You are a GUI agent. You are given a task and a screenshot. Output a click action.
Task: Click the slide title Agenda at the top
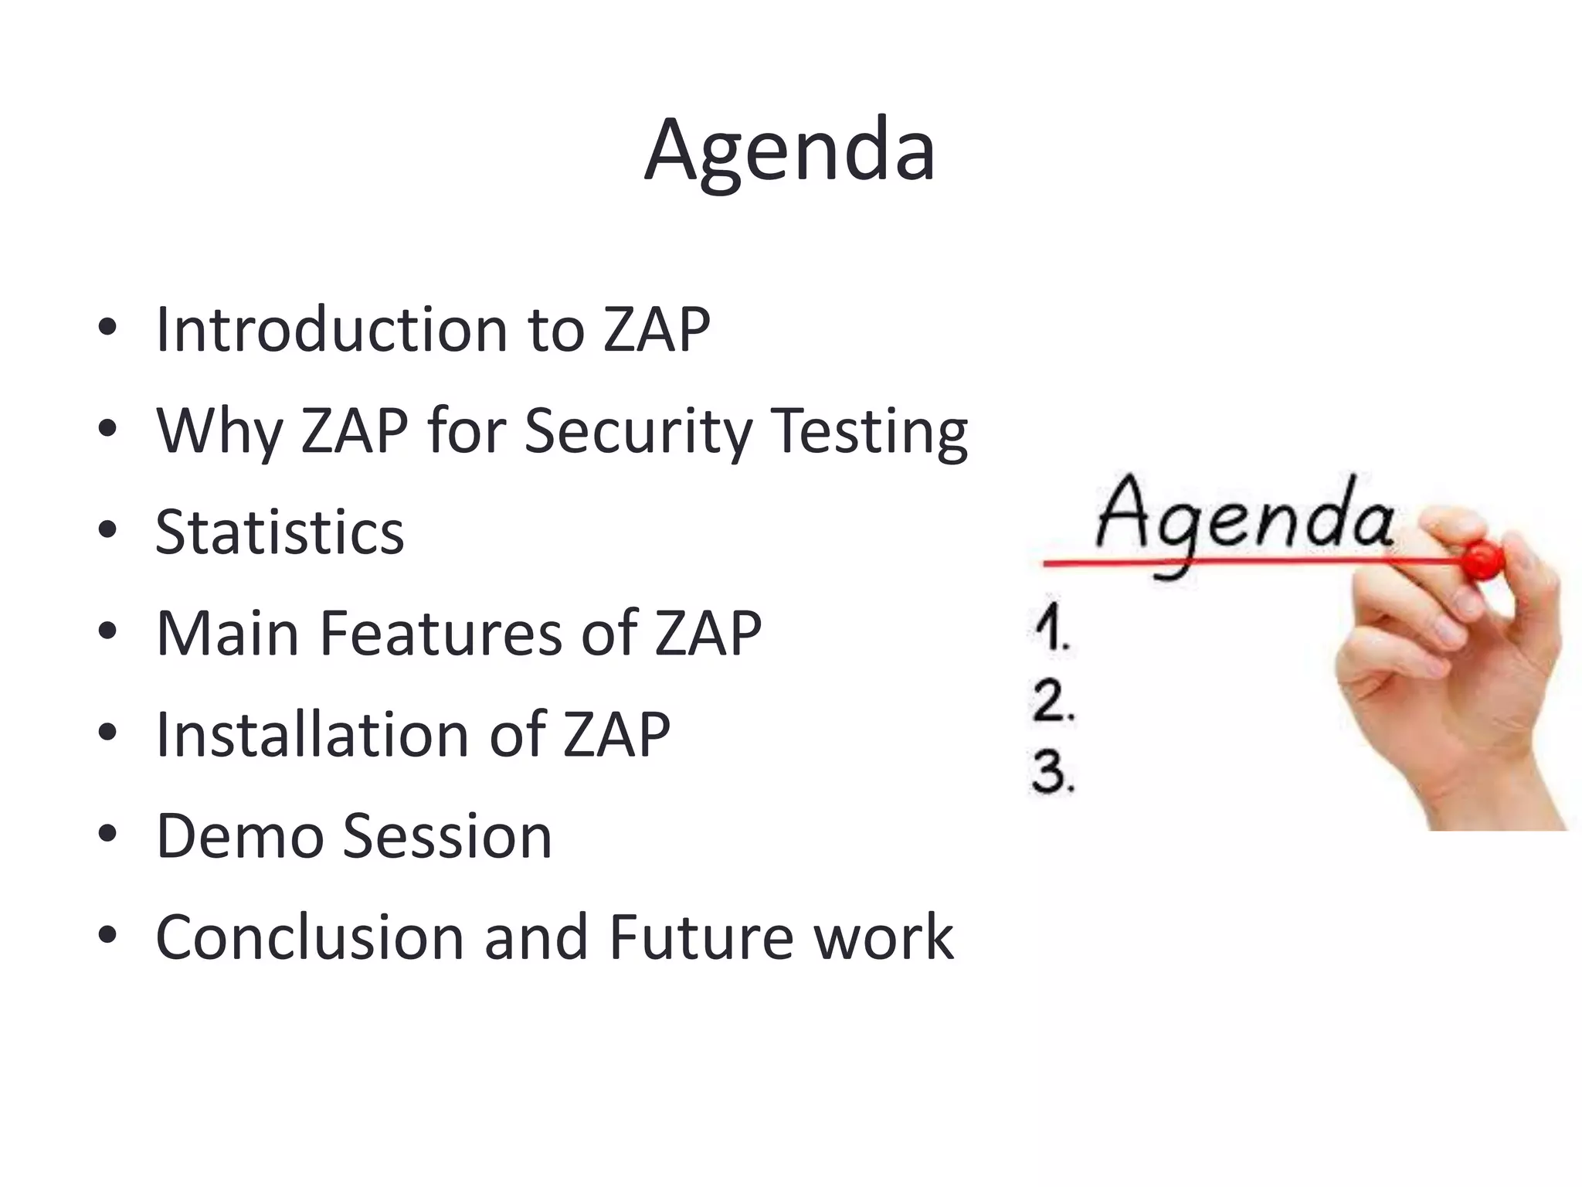789,150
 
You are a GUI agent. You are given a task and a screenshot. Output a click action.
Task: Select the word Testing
869,433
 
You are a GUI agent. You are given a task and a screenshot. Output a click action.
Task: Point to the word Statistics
280,532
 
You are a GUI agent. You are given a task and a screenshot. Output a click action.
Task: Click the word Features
440,634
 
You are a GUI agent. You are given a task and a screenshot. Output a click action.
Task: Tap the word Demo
239,836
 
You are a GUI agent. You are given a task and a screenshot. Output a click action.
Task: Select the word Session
447,836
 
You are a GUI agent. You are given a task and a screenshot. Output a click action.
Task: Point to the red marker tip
1482,559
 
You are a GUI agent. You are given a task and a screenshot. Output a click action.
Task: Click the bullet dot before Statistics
107,531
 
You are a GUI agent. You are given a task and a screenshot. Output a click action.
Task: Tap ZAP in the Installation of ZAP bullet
616,735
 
